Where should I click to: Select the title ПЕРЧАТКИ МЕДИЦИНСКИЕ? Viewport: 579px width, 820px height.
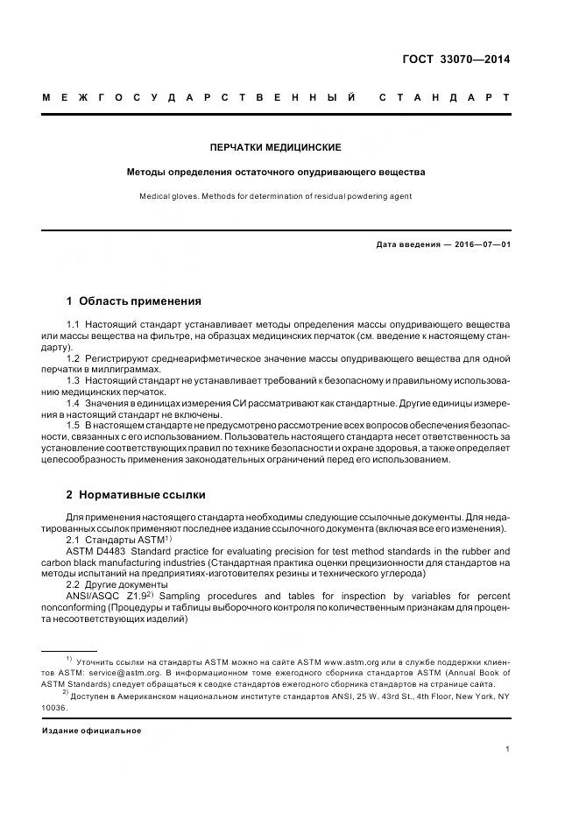[276, 147]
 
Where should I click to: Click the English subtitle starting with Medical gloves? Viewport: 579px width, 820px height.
[276, 196]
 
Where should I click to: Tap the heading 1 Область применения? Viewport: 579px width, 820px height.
[133, 301]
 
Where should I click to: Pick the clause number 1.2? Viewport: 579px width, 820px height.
[74, 359]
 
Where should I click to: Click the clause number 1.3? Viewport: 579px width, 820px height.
[74, 381]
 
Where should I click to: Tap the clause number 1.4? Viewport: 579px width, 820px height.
[74, 403]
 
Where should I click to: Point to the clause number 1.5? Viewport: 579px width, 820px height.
[74, 425]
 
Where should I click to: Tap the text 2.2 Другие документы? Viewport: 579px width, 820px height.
[117, 584]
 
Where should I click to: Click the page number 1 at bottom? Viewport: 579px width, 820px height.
[507, 749]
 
